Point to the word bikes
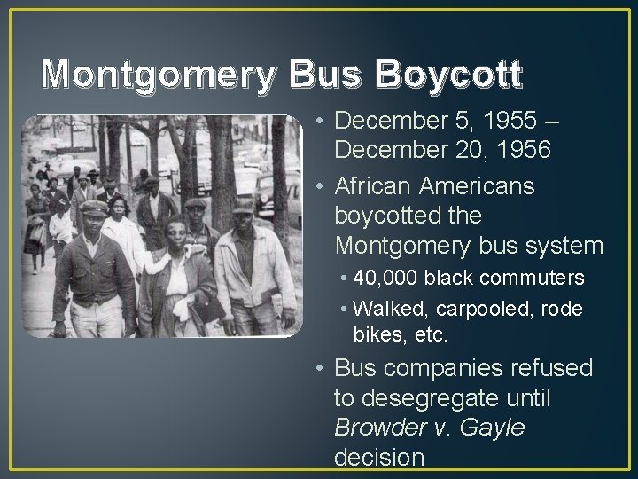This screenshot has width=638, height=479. (378, 336)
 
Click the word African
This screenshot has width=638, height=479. (381, 187)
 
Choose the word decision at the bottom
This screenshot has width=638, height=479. (379, 457)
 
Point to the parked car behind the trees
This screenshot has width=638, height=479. (270, 191)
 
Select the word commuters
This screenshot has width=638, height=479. (536, 279)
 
